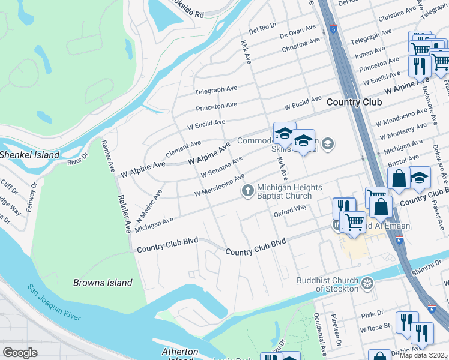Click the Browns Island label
[102, 283]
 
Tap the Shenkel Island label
[29, 155]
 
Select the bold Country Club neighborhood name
[354, 103]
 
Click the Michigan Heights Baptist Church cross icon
[247, 191]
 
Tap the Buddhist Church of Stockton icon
[367, 282]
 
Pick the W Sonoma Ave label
[221, 166]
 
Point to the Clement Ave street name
[183, 149]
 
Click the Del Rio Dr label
[262, 26]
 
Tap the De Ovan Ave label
[298, 31]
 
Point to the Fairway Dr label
[32, 203]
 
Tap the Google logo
[20, 353]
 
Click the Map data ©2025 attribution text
[424, 355]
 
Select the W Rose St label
[375, 329]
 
